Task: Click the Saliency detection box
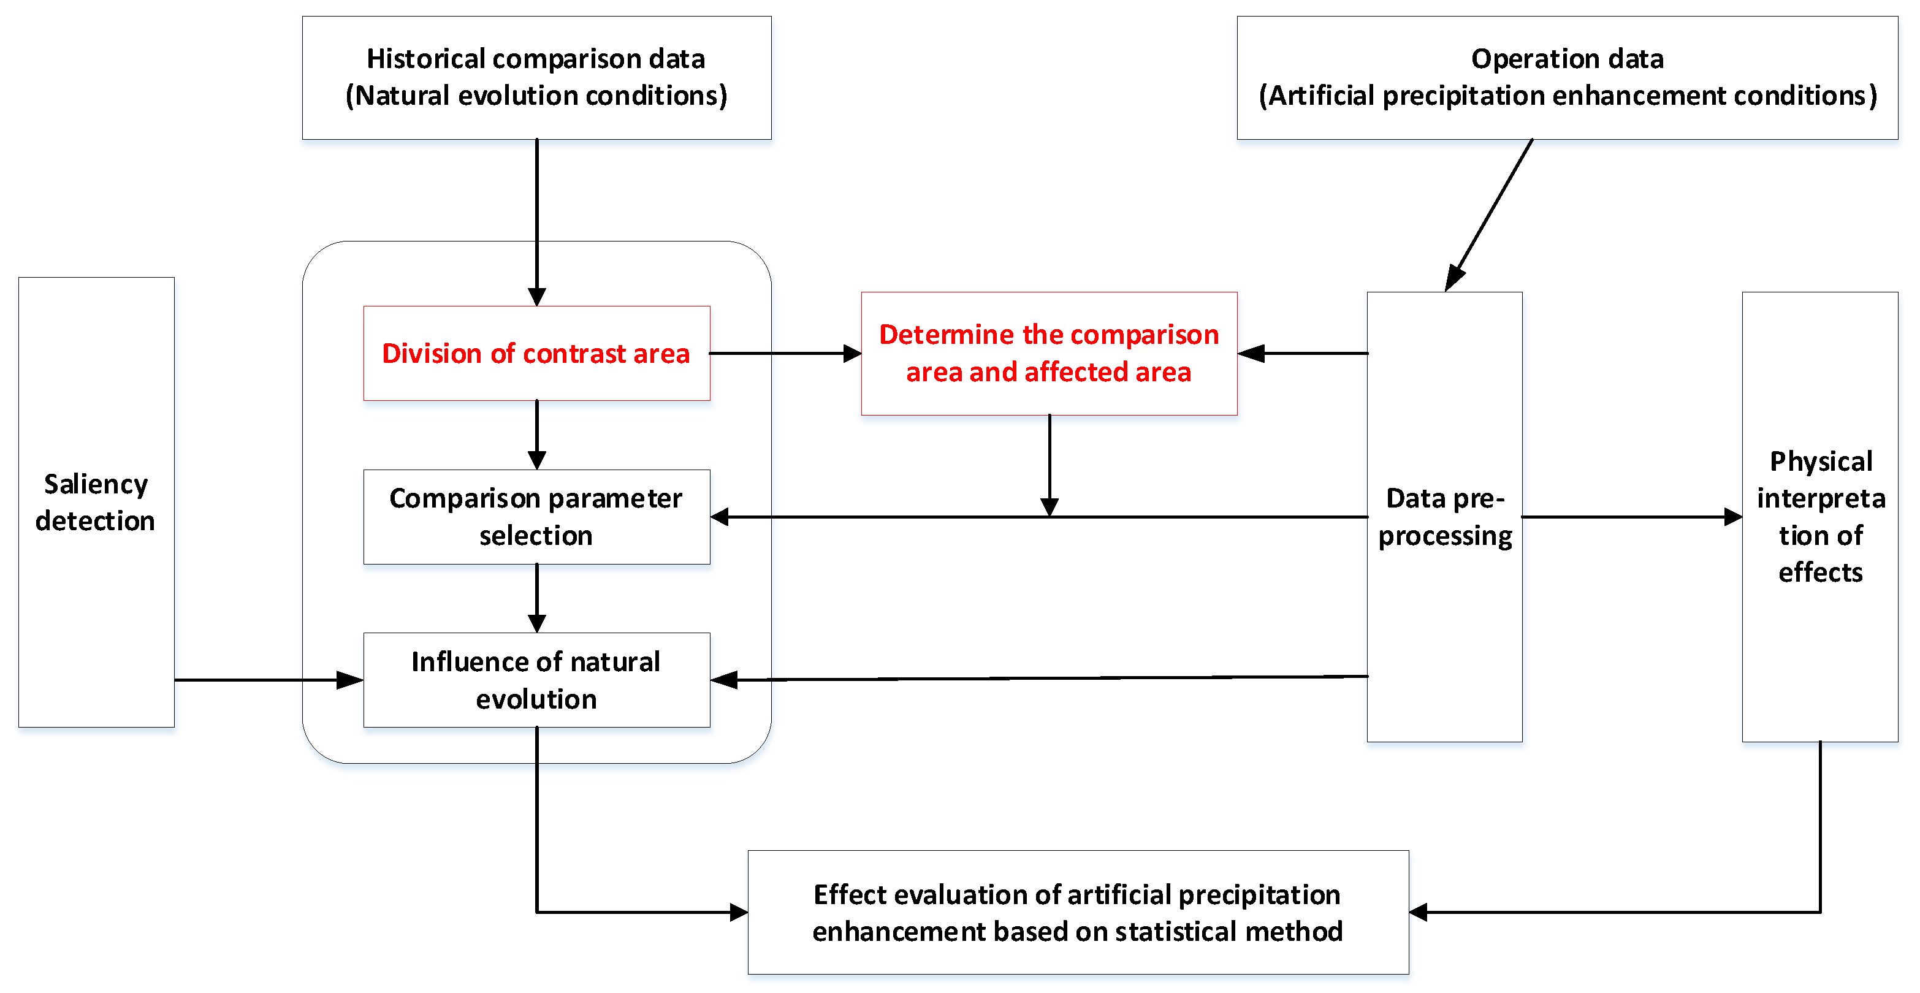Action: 96,502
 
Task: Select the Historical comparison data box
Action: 536,77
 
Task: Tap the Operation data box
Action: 1567,77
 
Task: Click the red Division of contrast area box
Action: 536,353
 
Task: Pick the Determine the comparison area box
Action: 1049,353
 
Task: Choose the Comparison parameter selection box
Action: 536,517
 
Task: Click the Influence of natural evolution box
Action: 536,680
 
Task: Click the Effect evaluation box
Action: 1078,911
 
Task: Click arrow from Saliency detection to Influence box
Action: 269,680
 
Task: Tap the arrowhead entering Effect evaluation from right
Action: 1419,911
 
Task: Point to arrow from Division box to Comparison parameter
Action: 536,435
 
